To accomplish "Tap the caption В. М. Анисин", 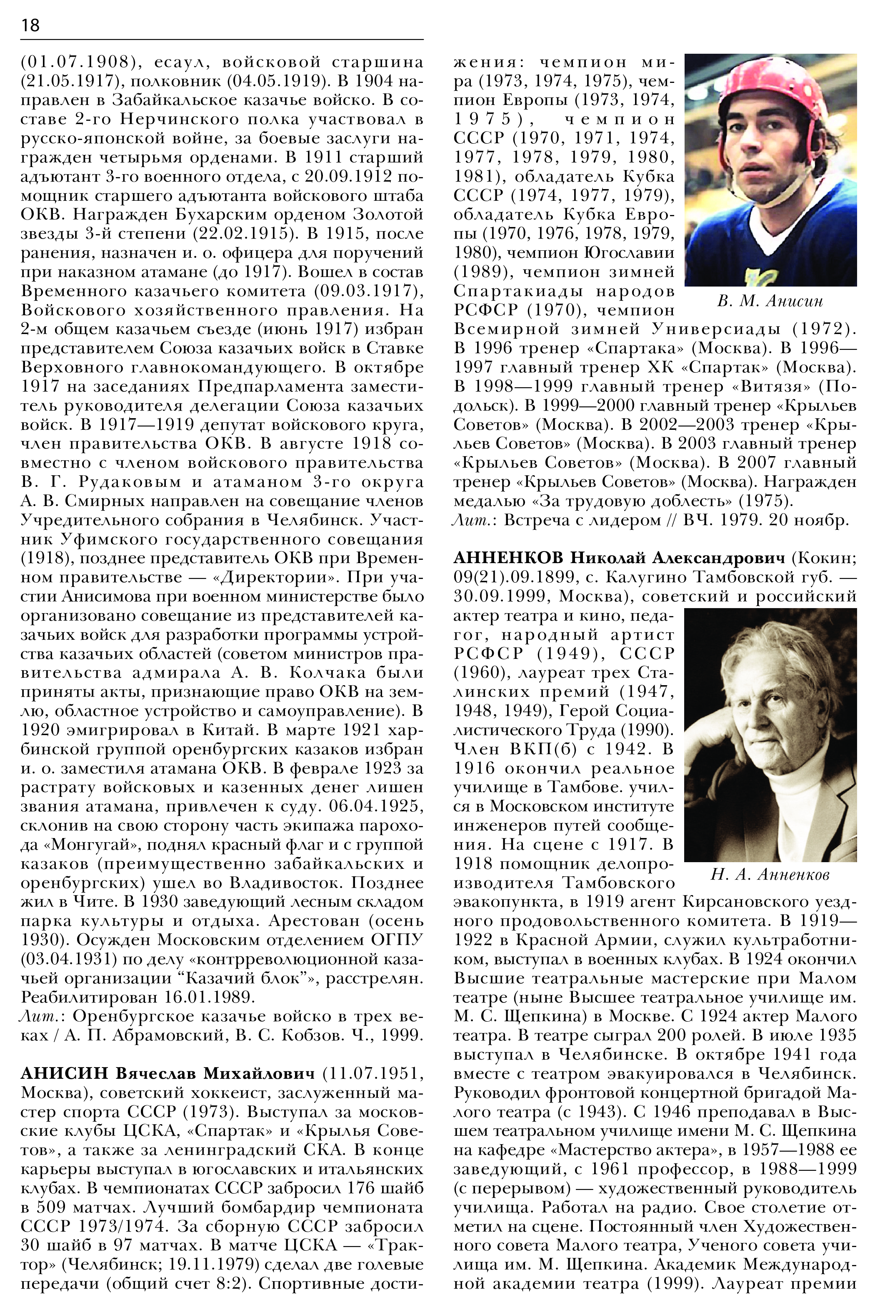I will coord(770,301).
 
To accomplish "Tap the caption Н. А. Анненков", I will coord(770,874).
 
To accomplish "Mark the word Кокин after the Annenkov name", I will coord(827,558).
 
